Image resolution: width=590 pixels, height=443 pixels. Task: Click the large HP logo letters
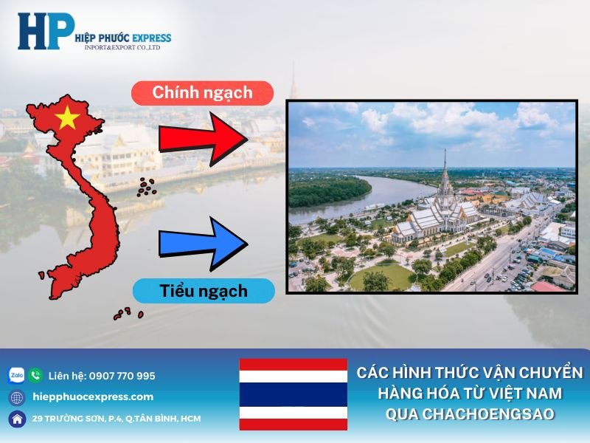[46, 31]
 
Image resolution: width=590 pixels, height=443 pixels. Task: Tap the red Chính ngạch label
[202, 93]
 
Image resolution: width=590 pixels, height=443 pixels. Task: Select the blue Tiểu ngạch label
[204, 290]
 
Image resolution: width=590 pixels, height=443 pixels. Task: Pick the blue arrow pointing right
[204, 242]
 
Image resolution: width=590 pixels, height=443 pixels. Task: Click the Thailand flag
[293, 394]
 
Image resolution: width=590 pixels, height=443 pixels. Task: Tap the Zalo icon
[16, 375]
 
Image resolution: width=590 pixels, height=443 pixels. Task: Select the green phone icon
[35, 375]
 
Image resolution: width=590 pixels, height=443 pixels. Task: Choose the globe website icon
[16, 397]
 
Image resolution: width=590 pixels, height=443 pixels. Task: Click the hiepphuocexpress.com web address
[94, 397]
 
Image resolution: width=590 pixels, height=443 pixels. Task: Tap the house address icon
[16, 419]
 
